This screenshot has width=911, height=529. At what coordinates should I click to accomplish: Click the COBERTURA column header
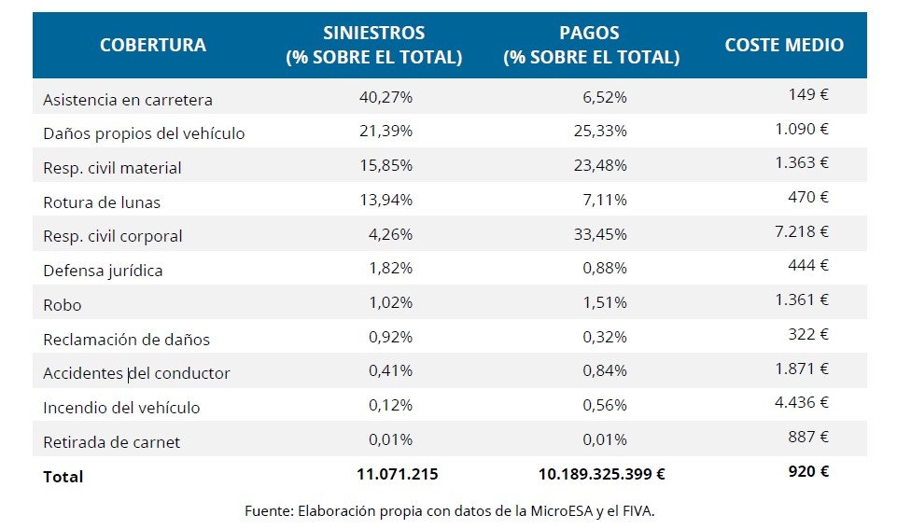tap(153, 45)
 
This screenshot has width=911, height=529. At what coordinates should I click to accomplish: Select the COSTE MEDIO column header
tap(784, 45)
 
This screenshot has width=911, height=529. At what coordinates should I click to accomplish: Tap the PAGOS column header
tap(591, 45)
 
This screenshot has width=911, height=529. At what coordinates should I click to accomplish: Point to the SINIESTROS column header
tap(373, 45)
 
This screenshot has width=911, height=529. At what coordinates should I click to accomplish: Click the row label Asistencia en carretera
tap(128, 99)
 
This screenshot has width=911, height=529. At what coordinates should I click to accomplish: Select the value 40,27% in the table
tap(385, 98)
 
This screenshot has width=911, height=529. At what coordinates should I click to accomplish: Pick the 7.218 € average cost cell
tap(802, 230)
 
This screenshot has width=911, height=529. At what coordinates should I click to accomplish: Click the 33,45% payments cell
tap(600, 235)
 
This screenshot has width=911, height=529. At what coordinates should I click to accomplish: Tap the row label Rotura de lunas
tap(102, 202)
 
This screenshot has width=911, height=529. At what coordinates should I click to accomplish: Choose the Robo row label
tap(63, 304)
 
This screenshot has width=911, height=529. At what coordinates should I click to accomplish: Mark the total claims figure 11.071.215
tap(397, 474)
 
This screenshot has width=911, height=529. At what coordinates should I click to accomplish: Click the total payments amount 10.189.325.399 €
tap(602, 474)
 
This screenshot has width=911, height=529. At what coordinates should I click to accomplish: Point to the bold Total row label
tap(63, 477)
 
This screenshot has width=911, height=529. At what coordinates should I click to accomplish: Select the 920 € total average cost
tap(808, 471)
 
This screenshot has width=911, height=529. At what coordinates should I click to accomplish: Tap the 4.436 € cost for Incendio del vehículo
tap(802, 402)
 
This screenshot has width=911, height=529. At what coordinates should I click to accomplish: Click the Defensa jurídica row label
tap(103, 271)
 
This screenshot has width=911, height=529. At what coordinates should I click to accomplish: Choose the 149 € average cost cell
tap(808, 93)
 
